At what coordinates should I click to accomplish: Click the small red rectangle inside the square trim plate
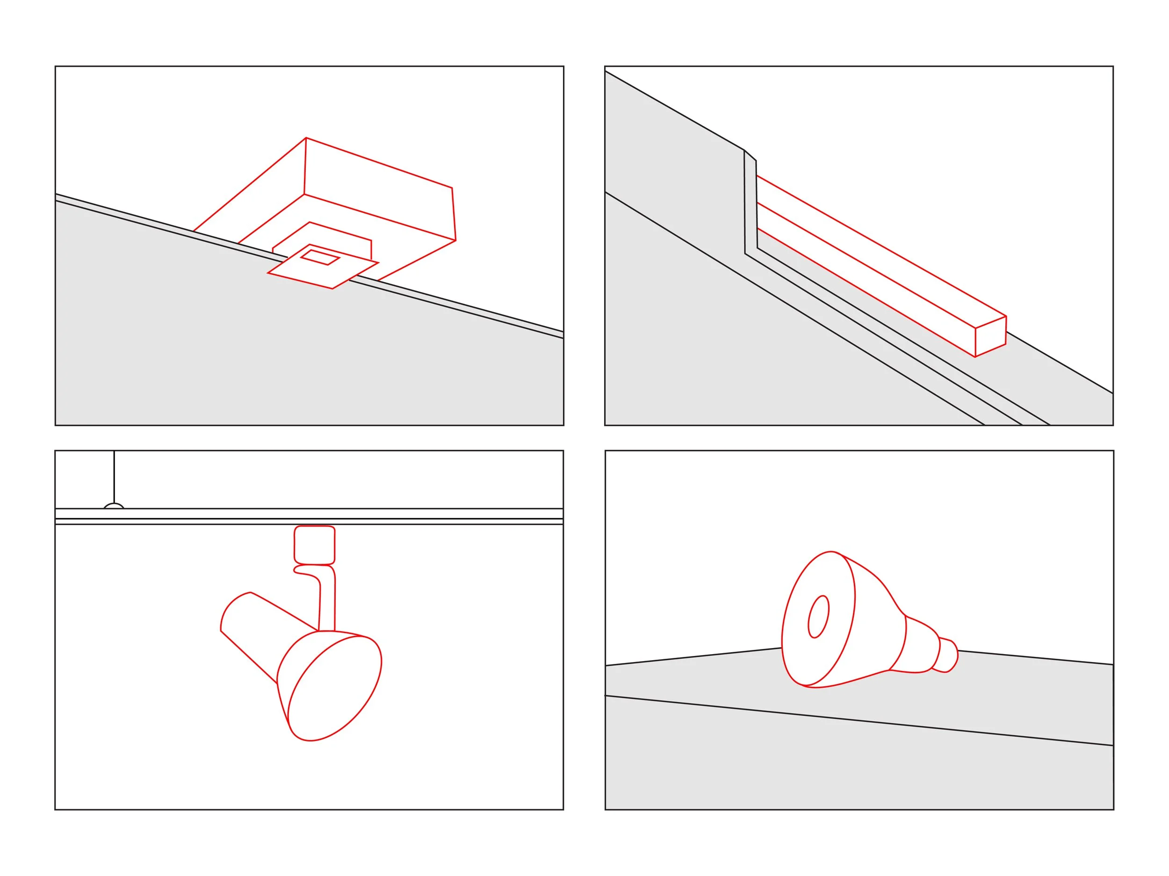point(320,257)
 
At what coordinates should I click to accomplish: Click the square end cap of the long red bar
point(990,336)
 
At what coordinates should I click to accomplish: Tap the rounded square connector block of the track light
point(314,545)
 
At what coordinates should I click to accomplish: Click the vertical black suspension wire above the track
point(114,475)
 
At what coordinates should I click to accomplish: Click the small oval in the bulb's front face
point(818,616)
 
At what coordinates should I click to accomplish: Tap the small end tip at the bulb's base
point(949,656)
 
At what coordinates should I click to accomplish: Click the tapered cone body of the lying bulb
point(877,628)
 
